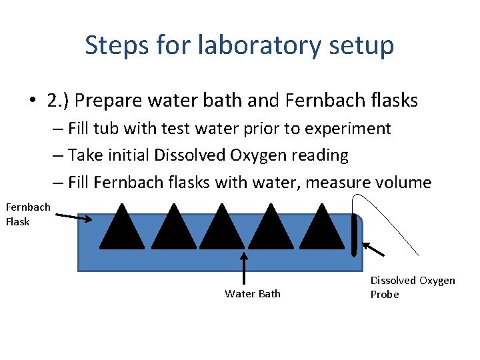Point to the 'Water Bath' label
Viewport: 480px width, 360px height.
point(253,294)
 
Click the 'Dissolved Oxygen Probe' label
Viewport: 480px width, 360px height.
point(412,287)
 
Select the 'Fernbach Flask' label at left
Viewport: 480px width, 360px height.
point(28,214)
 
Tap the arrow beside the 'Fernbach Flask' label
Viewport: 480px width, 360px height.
point(74,217)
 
